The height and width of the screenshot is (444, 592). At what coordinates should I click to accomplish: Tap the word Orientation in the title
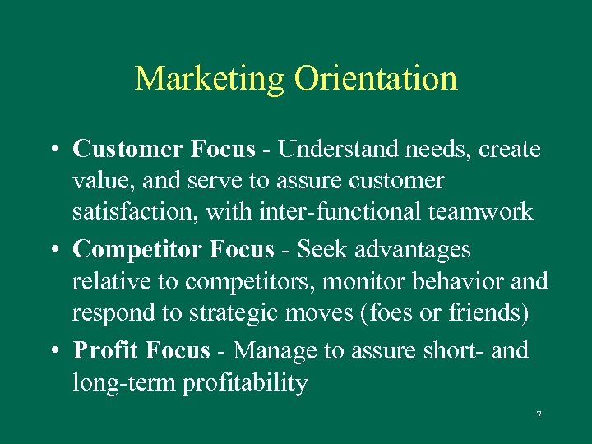pyautogui.click(x=376, y=80)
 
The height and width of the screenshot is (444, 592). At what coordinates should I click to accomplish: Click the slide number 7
pyautogui.click(x=539, y=415)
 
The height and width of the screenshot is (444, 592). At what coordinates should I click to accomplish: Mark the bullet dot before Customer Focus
pyautogui.click(x=52, y=150)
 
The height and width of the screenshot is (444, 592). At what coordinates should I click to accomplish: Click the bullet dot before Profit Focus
pyautogui.click(x=52, y=352)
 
